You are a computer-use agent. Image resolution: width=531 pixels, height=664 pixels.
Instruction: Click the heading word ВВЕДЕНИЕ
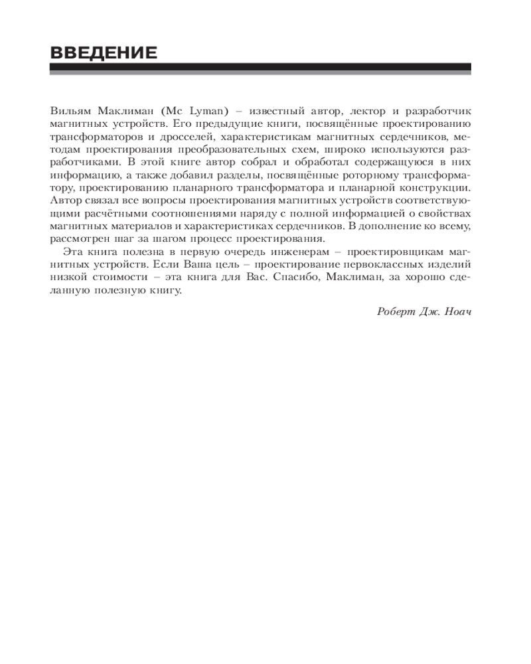(x=104, y=52)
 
